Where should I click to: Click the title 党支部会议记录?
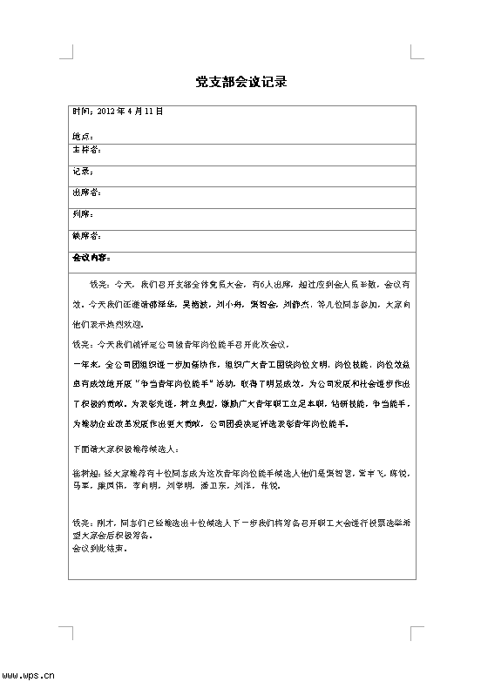240,83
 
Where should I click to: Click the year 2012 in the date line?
105,111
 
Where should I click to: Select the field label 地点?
81,136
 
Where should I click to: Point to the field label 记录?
81,172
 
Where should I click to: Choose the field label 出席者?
85,192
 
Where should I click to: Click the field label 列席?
81,213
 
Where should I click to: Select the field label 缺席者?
85,235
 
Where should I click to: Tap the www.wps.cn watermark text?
28,673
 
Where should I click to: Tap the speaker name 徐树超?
84,470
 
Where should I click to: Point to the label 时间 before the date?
80,111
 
